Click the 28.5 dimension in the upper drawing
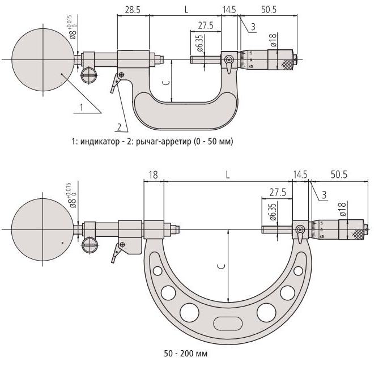[133, 10]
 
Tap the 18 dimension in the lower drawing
[153, 175]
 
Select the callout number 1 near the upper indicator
[82, 107]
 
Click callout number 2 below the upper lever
[119, 127]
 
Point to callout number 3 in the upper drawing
[253, 27]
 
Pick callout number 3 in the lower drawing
[324, 195]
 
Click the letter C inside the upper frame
[167, 83]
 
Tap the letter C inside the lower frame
[222, 266]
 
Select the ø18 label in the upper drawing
[273, 40]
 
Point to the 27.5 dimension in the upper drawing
[206, 25]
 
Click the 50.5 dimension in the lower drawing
[339, 175]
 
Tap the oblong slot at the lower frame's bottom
[228, 324]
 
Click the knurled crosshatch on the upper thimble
[287, 64]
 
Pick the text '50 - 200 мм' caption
[186, 354]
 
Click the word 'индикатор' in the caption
[100, 142]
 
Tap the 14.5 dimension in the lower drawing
[300, 175]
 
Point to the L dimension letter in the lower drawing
[228, 175]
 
